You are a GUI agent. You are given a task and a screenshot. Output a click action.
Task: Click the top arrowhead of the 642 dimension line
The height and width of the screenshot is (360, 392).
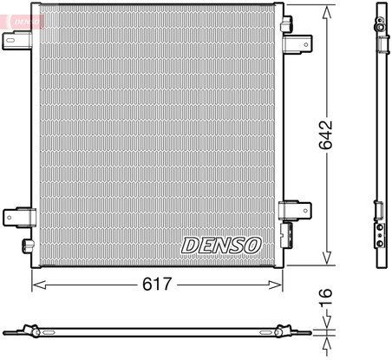[327, 9]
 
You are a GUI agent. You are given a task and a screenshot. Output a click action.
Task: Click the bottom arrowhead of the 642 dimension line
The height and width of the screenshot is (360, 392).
[327, 263]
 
